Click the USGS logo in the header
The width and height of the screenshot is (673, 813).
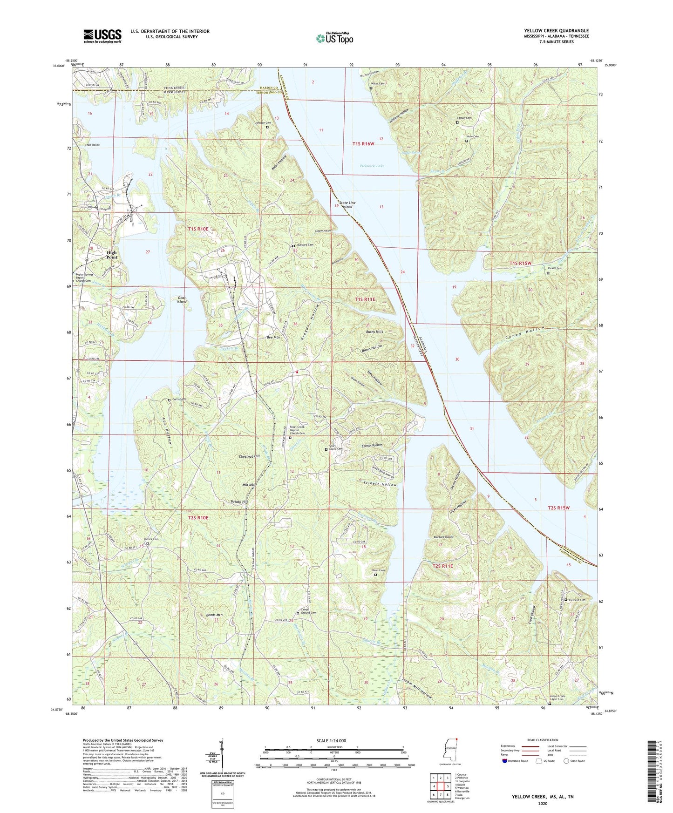pyautogui.click(x=102, y=36)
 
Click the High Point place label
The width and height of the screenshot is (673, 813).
pyautogui.click(x=112, y=255)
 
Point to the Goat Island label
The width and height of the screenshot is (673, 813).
pyautogui.click(x=182, y=299)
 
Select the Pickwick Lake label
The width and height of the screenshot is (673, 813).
pyautogui.click(x=372, y=166)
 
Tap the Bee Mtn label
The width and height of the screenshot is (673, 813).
pyautogui.click(x=272, y=337)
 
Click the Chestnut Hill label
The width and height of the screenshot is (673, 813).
pyautogui.click(x=249, y=456)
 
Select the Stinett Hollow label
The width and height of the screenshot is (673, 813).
pyautogui.click(x=380, y=485)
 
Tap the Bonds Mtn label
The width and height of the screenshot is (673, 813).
pyautogui.click(x=214, y=615)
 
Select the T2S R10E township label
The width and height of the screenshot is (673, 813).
pyautogui.click(x=198, y=517)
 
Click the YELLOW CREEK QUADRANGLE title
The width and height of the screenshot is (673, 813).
pyautogui.click(x=556, y=31)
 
